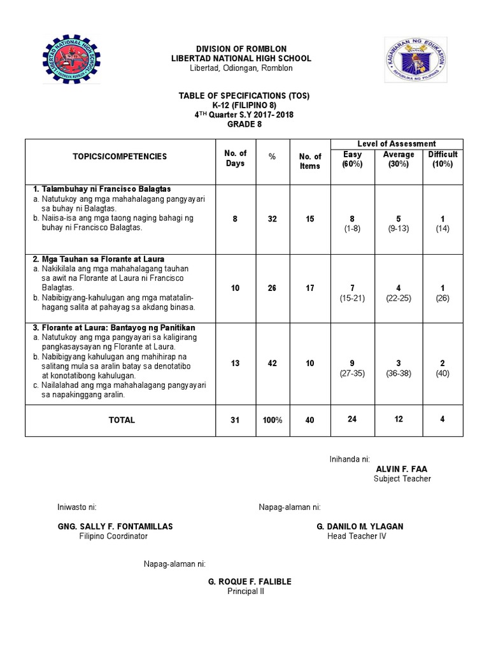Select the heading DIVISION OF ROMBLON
[x=241, y=49]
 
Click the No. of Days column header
[x=236, y=157]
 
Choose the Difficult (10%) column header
[x=443, y=159]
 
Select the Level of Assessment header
[x=396, y=144]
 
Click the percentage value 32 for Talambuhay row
[x=272, y=219]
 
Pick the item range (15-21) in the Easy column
[x=352, y=298]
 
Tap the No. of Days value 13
[x=236, y=363]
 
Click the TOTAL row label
[x=122, y=420]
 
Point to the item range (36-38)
[x=399, y=373]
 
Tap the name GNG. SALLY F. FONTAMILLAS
[x=115, y=527]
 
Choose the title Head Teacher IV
[x=357, y=536]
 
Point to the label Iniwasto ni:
[x=76, y=507]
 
